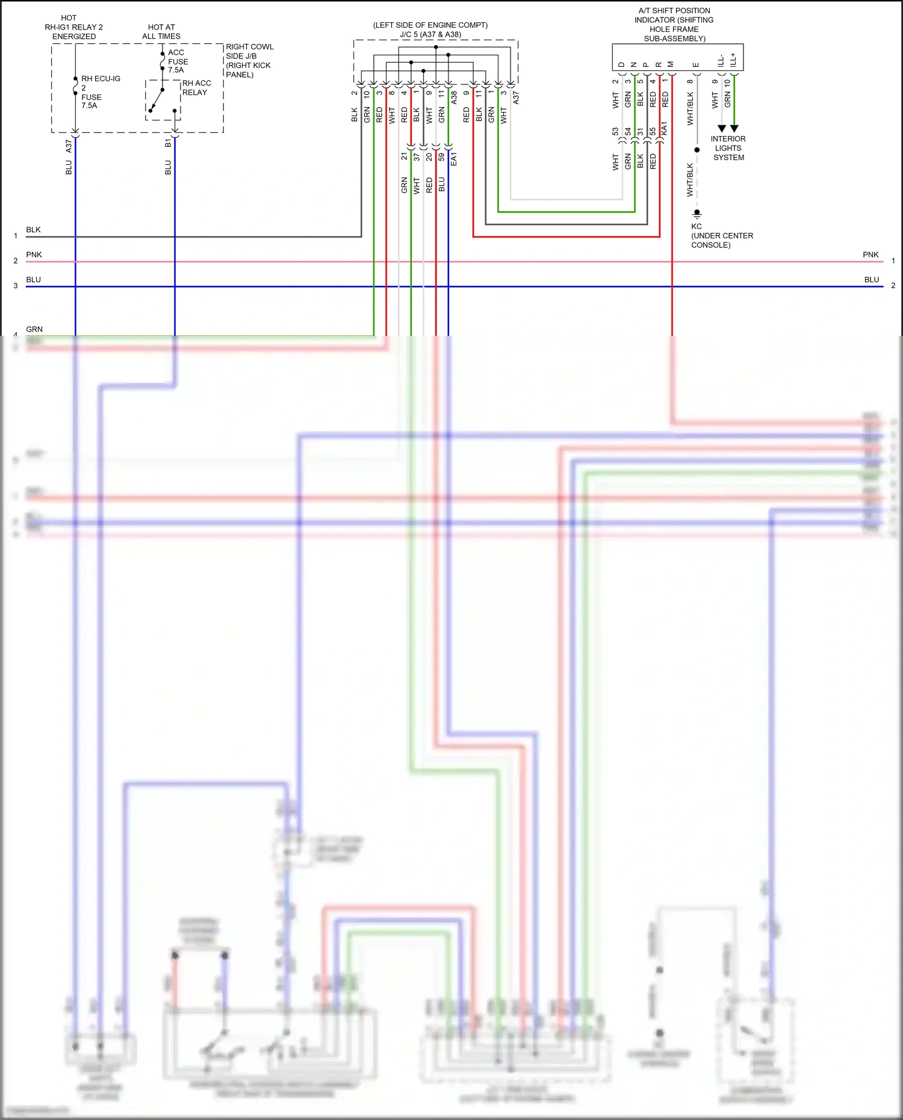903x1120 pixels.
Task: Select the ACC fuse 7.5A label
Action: click(178, 61)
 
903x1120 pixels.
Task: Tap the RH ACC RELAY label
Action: click(196, 88)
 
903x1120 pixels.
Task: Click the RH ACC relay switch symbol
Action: click(162, 100)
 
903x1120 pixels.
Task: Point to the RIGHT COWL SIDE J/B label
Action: click(249, 60)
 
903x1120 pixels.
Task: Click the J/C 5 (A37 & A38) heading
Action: click(430, 34)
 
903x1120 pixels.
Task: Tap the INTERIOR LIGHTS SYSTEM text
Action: click(728, 148)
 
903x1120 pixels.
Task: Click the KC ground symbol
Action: click(697, 214)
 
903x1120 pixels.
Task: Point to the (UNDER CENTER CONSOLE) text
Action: click(722, 240)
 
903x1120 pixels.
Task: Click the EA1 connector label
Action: click(454, 159)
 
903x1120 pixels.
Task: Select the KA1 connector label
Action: click(664, 129)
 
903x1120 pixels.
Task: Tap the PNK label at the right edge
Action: click(870, 255)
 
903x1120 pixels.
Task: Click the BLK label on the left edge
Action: click(33, 230)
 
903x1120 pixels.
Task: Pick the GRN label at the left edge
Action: click(34, 329)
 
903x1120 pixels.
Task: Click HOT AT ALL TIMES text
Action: click(161, 31)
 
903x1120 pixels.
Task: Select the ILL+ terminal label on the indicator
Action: click(733, 60)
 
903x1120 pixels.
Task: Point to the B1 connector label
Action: click(168, 143)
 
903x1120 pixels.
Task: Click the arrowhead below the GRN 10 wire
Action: click(734, 128)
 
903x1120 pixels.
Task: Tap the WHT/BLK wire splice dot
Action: click(697, 150)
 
